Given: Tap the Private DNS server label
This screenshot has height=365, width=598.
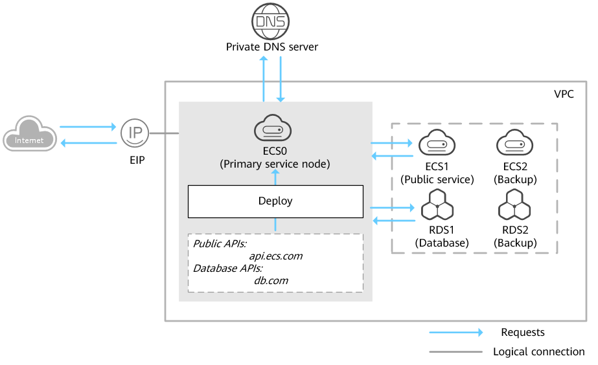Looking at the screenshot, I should (x=272, y=47).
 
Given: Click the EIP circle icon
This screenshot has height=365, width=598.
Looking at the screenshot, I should (x=135, y=133).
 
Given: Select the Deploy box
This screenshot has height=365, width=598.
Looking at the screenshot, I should (x=275, y=201).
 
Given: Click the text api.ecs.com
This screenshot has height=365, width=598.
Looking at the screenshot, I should (x=276, y=256).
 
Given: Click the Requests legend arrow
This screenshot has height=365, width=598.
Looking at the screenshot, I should (x=456, y=333).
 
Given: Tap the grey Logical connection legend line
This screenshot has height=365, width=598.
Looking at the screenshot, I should (x=456, y=352).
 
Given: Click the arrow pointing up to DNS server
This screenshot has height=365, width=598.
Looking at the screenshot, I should (x=264, y=78).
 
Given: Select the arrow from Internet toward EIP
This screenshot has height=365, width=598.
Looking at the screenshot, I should (x=86, y=127).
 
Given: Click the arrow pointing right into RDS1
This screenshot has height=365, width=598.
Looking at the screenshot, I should (x=392, y=208).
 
